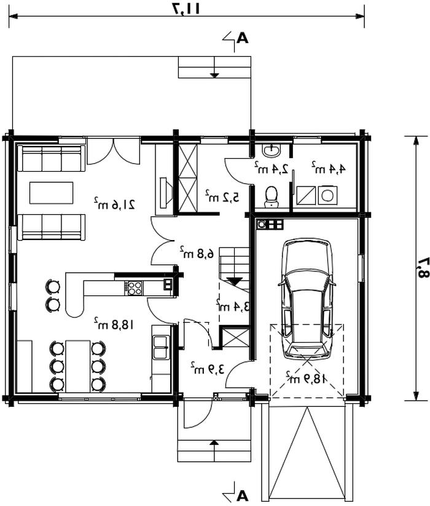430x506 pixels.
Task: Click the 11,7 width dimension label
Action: pos(187,9)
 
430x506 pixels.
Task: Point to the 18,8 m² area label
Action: pos(114,324)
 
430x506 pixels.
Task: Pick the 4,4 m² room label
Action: pos(329,168)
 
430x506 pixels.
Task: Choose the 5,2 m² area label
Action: pos(222,196)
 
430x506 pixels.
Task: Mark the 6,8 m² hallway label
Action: pos(197,252)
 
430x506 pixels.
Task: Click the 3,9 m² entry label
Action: pos(207,368)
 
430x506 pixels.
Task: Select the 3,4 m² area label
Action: pos(233,305)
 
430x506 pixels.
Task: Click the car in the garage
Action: pos(306,299)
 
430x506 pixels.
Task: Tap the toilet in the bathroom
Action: pos(271,196)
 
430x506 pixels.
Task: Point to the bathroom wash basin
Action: pos(272,150)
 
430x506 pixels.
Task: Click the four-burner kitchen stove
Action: pos(135,287)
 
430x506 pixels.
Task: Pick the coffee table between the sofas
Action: pos(51,193)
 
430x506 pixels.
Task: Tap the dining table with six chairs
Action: pos(77,366)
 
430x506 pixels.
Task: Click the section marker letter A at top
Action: pos(242,38)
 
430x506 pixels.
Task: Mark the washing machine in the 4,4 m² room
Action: pos(328,195)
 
